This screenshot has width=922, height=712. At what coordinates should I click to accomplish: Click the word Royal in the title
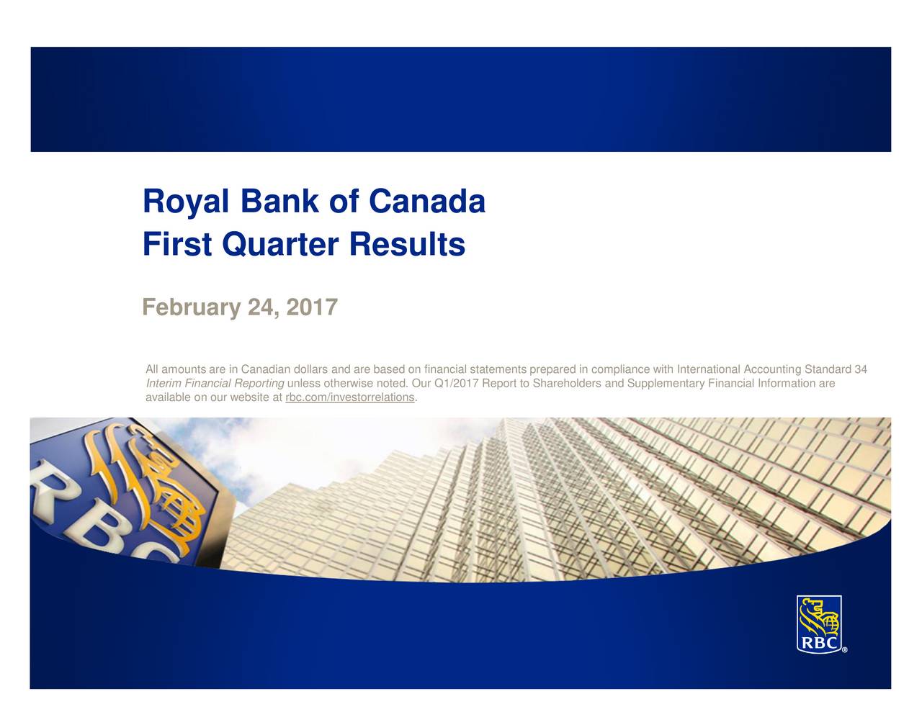click(186, 202)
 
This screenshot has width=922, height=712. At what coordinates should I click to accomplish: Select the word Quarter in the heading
click(280, 245)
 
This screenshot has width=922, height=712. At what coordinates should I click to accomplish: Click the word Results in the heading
click(407, 244)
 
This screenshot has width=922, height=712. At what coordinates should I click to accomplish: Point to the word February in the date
click(192, 308)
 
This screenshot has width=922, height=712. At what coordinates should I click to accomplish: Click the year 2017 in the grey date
click(312, 307)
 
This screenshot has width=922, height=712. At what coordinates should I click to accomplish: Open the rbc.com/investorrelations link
click(350, 397)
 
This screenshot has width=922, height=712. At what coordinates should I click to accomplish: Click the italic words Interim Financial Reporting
click(215, 383)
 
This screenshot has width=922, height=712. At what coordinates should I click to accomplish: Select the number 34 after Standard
click(861, 369)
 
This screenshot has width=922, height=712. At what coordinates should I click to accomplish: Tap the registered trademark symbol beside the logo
click(844, 649)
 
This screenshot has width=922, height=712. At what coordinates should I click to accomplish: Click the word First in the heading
click(177, 244)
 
